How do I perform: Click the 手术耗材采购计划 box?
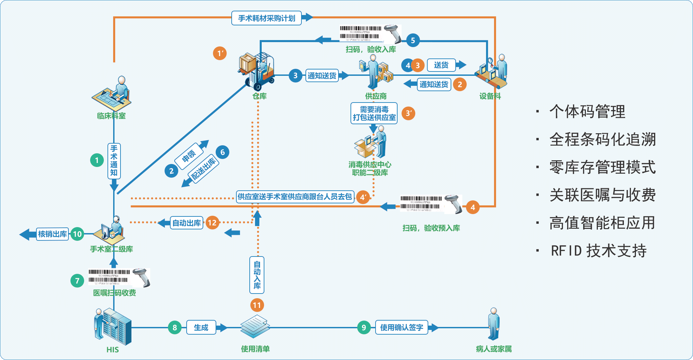(x=266, y=18)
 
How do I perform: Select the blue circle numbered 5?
(x=413, y=41)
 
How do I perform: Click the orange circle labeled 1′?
(x=220, y=53)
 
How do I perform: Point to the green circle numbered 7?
(x=77, y=281)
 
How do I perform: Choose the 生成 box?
(x=201, y=328)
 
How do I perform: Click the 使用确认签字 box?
(x=402, y=328)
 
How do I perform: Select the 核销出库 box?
(x=52, y=234)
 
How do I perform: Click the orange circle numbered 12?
(x=212, y=223)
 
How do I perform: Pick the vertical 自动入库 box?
(x=257, y=275)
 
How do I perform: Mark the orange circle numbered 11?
(x=257, y=305)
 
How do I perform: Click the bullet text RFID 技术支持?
(x=599, y=251)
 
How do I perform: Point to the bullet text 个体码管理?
(x=587, y=112)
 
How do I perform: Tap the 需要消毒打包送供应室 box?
(x=374, y=114)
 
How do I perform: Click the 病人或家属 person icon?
(x=494, y=323)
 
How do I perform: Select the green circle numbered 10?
(x=77, y=234)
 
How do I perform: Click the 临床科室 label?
(x=111, y=116)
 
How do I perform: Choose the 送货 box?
(x=441, y=65)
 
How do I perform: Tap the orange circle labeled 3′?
(x=408, y=114)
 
